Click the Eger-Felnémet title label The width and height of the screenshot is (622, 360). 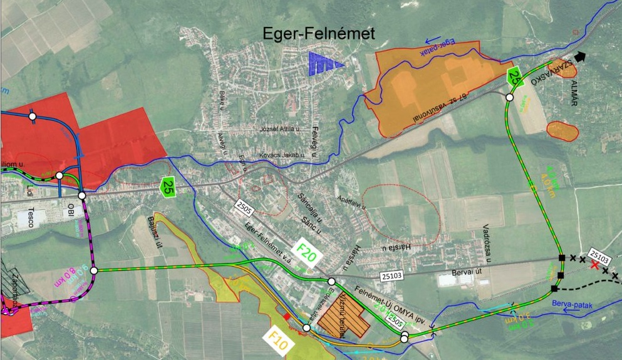(319, 34)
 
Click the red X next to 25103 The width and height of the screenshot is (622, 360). (594, 265)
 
